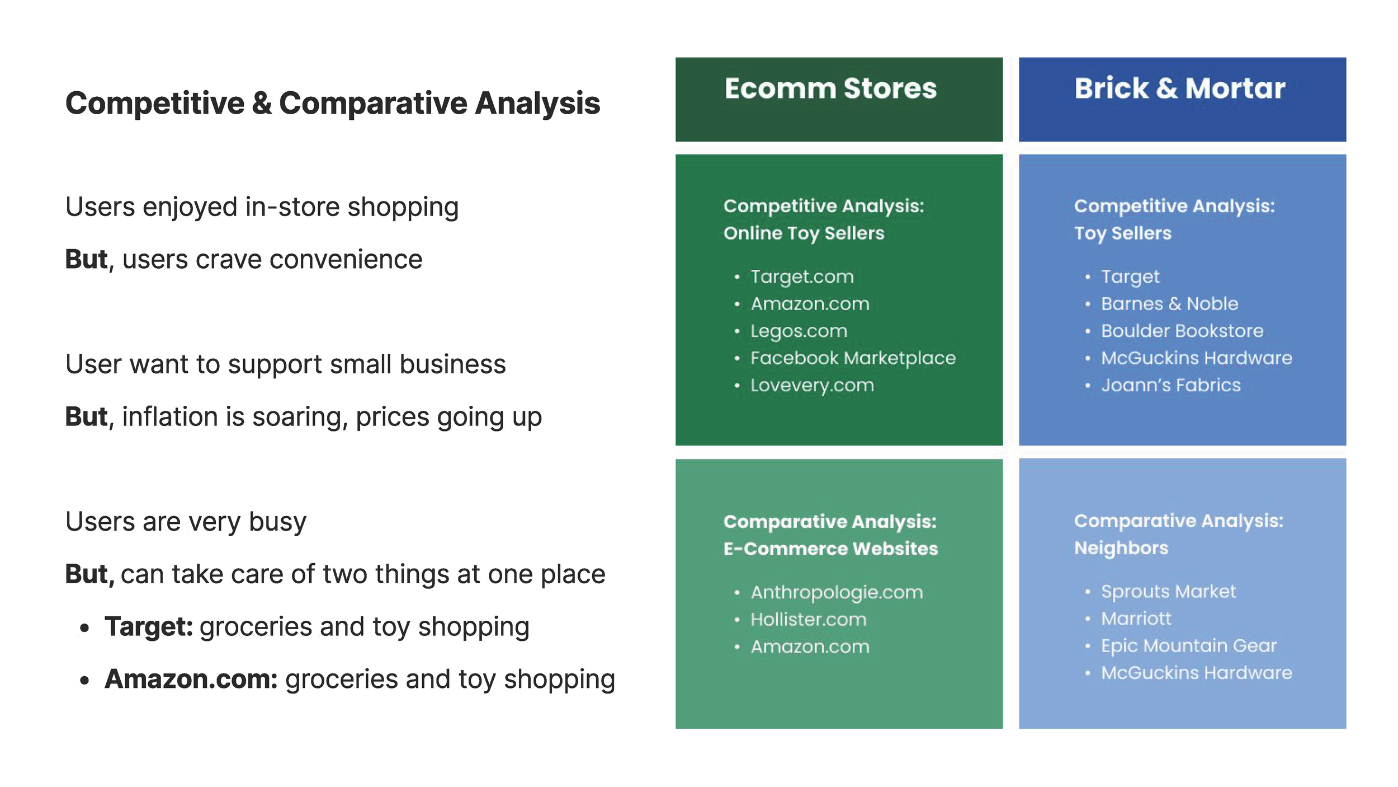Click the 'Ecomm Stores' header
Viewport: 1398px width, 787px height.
830,88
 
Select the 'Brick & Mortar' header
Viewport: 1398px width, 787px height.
1180,88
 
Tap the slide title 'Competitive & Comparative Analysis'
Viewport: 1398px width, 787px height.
333,104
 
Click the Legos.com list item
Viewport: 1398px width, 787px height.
799,331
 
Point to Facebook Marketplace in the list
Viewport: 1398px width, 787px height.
853,358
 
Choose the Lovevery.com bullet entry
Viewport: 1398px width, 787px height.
812,385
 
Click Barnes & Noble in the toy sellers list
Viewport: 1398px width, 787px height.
1169,304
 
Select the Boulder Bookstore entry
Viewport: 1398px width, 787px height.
1182,331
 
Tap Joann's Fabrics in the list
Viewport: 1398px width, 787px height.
1171,385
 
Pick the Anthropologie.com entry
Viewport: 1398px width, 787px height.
837,592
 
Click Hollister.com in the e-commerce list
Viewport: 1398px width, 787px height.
808,619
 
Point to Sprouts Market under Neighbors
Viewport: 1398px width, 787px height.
1168,591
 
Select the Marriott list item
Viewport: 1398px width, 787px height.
1136,619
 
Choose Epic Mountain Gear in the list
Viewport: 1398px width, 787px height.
1189,645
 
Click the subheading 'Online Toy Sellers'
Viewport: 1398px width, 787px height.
804,233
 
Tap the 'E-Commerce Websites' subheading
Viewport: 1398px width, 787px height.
830,549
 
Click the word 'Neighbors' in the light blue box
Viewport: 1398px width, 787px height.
1121,547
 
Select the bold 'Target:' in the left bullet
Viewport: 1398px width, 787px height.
149,626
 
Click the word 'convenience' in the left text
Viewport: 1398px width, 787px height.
346,260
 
